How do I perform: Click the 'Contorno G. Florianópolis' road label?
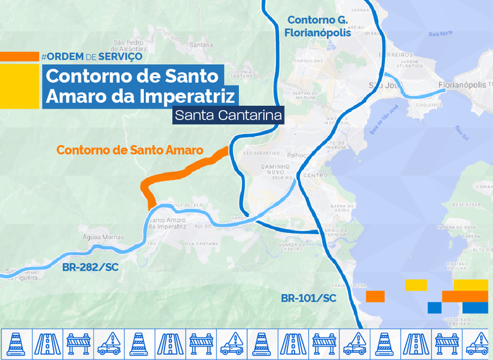[319, 26]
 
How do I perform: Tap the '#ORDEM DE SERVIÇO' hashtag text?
[91, 56]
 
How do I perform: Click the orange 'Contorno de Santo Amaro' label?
[130, 150]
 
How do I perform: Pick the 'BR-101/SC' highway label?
[308, 298]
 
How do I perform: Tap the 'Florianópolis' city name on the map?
[462, 84]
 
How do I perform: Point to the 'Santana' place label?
[202, 45]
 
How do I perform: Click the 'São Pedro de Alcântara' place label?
[130, 46]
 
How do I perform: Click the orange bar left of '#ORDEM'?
[19, 56]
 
